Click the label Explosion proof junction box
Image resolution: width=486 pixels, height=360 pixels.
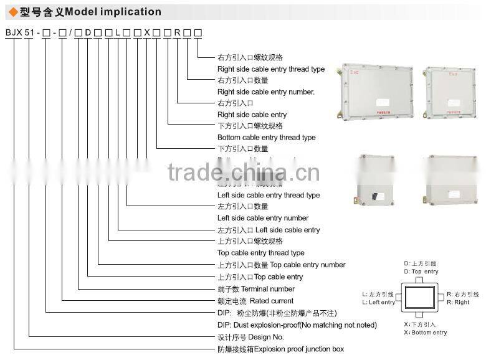(x=280, y=349)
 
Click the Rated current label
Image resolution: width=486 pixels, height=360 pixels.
(x=255, y=301)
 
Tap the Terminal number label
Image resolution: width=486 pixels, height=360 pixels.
(x=255, y=289)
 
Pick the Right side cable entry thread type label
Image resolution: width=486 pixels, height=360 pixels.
(x=270, y=69)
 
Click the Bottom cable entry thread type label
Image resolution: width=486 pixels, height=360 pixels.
(x=266, y=138)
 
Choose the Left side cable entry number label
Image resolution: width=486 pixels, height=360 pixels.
(x=262, y=218)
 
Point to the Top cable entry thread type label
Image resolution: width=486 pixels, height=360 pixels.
(x=260, y=253)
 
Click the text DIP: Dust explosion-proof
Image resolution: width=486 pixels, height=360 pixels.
(x=297, y=325)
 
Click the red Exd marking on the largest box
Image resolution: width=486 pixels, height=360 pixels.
(x=355, y=73)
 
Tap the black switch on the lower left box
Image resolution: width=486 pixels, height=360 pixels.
(x=376, y=196)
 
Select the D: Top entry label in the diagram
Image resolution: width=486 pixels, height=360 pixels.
(x=421, y=272)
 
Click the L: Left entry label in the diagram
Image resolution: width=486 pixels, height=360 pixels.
(x=378, y=302)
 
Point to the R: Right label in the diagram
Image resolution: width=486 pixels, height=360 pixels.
(x=458, y=302)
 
